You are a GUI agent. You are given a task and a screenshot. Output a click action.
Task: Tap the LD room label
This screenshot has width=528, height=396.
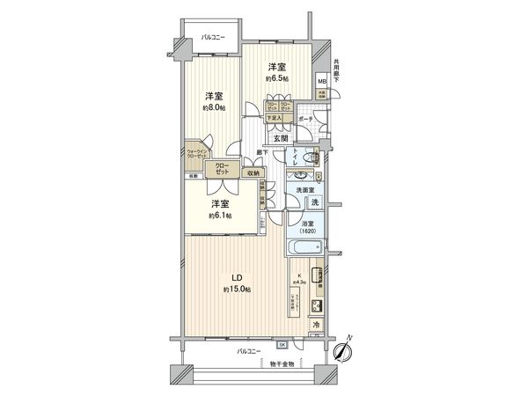[238, 277]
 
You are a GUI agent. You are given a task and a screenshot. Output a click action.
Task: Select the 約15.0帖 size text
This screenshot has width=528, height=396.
[238, 289]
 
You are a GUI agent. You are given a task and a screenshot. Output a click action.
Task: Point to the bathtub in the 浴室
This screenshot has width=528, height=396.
[304, 248]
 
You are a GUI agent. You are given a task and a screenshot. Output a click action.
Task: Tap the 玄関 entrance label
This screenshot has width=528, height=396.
[281, 138]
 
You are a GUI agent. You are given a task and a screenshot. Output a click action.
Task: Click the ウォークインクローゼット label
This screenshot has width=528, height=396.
[196, 154]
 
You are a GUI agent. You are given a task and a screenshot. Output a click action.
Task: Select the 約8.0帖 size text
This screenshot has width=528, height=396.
[215, 107]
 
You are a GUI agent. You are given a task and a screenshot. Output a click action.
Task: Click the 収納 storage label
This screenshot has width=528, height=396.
[253, 173]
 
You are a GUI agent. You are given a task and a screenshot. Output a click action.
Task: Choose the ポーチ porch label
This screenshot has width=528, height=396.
[305, 118]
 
